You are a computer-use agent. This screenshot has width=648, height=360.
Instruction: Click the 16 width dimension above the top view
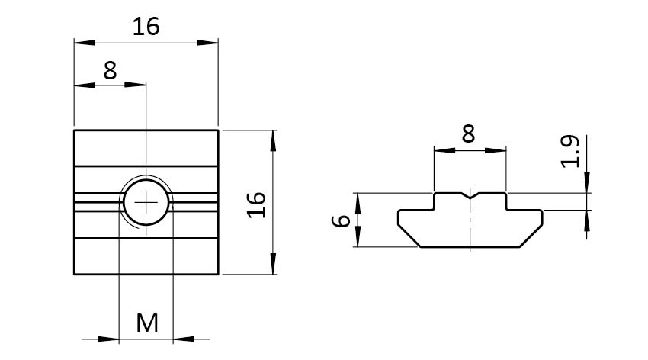coord(146,27)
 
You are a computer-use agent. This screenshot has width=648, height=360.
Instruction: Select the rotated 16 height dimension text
coord(256,204)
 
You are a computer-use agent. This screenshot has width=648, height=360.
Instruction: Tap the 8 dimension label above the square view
coord(110,71)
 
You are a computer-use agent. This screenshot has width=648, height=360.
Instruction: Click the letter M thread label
coord(147,323)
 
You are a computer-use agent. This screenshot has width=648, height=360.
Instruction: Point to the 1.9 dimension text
coord(570,151)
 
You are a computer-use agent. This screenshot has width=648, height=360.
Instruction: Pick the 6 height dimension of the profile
coord(342,220)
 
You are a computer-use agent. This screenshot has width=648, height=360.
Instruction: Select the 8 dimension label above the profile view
coord(468,133)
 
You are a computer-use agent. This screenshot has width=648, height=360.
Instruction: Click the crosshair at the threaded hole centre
coord(146,203)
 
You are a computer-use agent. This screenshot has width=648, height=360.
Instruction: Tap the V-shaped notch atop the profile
coord(470,195)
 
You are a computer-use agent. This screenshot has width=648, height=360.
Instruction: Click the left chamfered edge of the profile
coord(409,236)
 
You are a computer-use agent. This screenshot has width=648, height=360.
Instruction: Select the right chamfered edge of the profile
coord(531,236)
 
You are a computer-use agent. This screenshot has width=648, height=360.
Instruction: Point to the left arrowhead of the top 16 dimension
coord(85,43)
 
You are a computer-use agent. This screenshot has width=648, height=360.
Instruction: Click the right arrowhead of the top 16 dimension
coord(207,43)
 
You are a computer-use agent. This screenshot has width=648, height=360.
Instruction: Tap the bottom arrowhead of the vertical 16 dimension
coord(273,264)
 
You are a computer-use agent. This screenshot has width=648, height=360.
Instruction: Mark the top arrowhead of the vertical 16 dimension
coord(273,141)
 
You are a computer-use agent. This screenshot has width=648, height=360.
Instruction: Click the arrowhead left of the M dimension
coord(108,339)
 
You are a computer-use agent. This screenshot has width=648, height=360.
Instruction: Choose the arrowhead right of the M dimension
coord(184,339)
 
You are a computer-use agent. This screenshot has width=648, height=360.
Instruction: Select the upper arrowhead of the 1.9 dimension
coord(587,182)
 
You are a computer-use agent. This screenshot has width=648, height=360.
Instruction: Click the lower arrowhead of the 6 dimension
coord(358,236)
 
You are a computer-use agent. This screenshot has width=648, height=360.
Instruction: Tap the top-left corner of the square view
coord(75,130)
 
